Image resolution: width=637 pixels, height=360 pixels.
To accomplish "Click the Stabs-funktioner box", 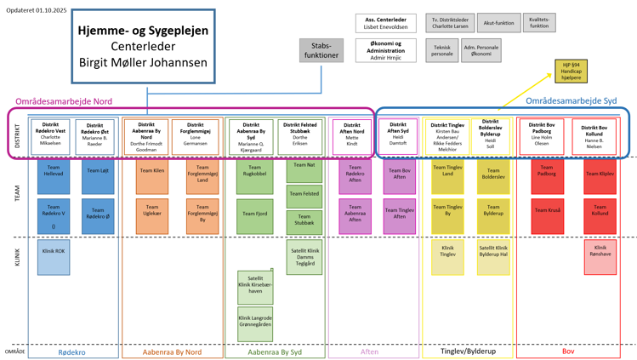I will (321, 50).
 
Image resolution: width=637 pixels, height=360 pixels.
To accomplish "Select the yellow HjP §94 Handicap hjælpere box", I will (571, 71).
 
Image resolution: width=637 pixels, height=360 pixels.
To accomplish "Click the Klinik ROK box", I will (54, 256).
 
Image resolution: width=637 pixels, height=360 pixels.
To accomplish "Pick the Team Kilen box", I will (151, 175).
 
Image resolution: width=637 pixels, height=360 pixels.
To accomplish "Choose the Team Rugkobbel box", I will (255, 175).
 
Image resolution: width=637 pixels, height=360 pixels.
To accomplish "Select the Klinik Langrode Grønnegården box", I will (255, 323).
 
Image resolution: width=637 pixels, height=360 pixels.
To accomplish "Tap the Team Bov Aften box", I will (399, 175).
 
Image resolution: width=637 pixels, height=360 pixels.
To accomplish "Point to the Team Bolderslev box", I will (493, 175).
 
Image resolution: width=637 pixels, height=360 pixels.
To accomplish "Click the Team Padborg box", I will (547, 175).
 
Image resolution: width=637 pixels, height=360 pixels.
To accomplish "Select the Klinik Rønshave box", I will (600, 256).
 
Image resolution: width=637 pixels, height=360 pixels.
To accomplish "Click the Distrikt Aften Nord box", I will (351, 136).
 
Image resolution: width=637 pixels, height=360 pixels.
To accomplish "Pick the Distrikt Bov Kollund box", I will (594, 136).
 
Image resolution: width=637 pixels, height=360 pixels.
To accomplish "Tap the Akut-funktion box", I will (498, 23).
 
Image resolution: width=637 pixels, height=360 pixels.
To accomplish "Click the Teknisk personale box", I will (442, 50).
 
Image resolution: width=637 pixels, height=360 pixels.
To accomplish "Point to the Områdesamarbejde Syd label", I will (559, 100).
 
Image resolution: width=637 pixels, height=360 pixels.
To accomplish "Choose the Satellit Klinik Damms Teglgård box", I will (304, 256).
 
